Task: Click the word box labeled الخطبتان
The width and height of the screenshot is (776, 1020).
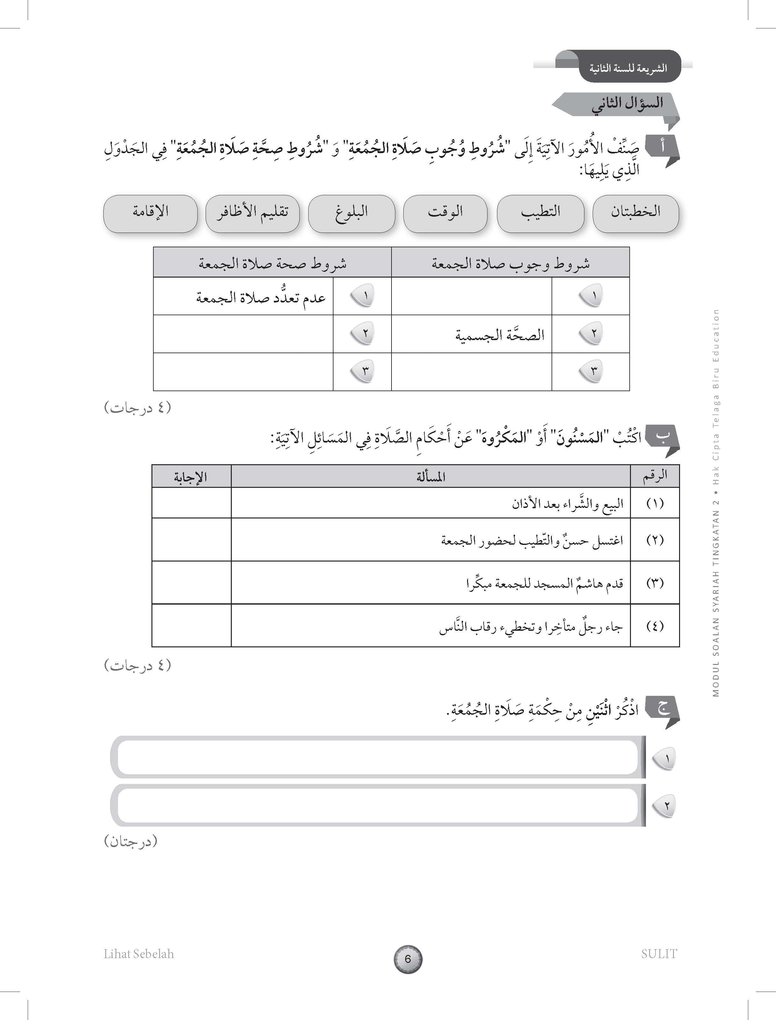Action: tap(636, 213)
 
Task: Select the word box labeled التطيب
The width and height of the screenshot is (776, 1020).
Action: tap(540, 213)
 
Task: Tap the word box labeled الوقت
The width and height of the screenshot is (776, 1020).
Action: tap(445, 213)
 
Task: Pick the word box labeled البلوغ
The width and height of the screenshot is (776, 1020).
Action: tap(352, 213)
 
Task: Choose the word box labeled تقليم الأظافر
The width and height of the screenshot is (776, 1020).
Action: tap(252, 213)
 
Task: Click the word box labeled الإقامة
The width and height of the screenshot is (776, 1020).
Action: tap(150, 213)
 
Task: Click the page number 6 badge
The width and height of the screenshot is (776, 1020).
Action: tap(408, 959)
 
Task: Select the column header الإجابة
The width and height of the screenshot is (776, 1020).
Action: tap(190, 476)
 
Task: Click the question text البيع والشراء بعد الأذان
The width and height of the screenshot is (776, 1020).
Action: tap(567, 503)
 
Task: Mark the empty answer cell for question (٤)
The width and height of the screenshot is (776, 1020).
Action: tap(191, 625)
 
